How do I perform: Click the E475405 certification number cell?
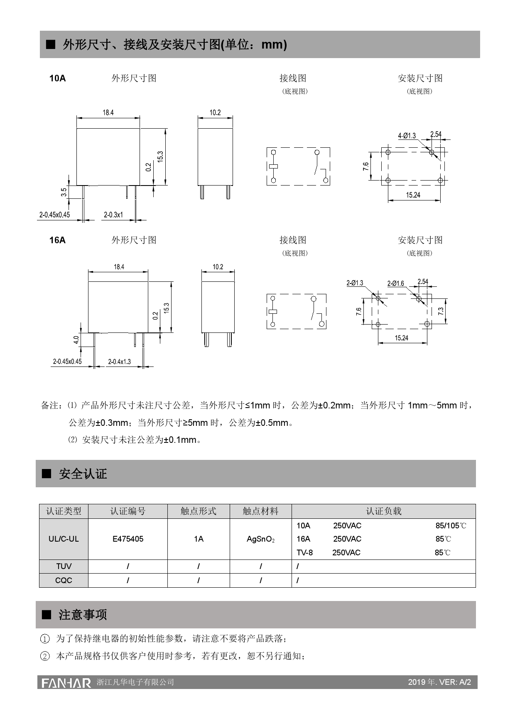click(128, 539)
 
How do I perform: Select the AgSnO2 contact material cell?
click(260, 539)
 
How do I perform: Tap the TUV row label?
click(64, 566)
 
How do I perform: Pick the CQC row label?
click(64, 580)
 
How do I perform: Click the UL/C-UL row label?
click(64, 539)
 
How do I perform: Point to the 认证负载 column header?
click(383, 511)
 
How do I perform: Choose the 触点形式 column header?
click(199, 511)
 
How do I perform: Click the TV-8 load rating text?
click(304, 552)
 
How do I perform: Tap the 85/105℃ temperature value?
click(451, 525)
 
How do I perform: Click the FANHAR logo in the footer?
click(66, 683)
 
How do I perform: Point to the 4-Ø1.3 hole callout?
click(407, 136)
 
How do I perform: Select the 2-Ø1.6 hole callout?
click(395, 283)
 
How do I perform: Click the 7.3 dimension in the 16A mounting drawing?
click(441, 310)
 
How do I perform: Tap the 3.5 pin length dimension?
click(64, 192)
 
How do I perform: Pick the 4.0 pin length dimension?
click(76, 340)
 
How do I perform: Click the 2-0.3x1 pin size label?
click(113, 215)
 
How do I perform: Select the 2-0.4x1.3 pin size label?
click(119, 362)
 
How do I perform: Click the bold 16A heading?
click(57, 240)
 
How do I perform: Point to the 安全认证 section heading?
click(83, 474)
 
